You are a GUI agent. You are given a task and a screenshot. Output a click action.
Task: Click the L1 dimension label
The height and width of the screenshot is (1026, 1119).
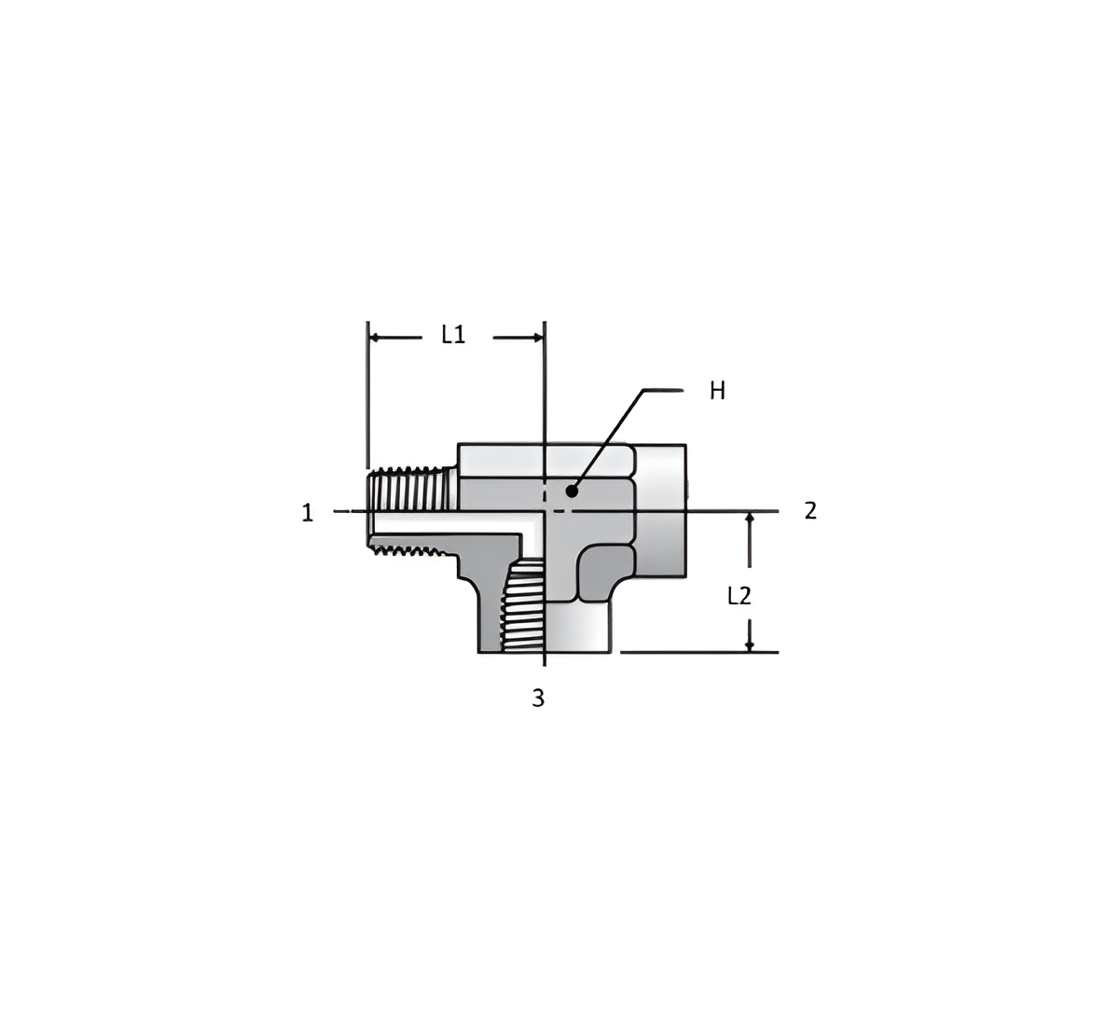click(453, 335)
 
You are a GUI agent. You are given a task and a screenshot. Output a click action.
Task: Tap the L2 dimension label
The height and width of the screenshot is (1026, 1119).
click(739, 597)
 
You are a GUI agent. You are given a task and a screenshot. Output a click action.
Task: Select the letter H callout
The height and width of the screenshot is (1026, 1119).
click(717, 392)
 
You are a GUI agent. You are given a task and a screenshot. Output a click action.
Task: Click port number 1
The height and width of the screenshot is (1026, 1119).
click(308, 512)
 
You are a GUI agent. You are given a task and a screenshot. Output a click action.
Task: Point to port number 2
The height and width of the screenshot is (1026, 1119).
click(810, 510)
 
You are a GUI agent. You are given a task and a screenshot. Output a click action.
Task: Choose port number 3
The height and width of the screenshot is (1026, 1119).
click(538, 698)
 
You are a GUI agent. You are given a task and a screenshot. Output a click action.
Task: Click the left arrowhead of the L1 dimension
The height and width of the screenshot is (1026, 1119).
click(375, 338)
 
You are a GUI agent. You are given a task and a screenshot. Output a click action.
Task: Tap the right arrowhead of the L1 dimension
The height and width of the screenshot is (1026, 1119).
click(538, 338)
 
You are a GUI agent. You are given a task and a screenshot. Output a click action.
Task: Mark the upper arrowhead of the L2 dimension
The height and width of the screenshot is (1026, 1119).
click(750, 518)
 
